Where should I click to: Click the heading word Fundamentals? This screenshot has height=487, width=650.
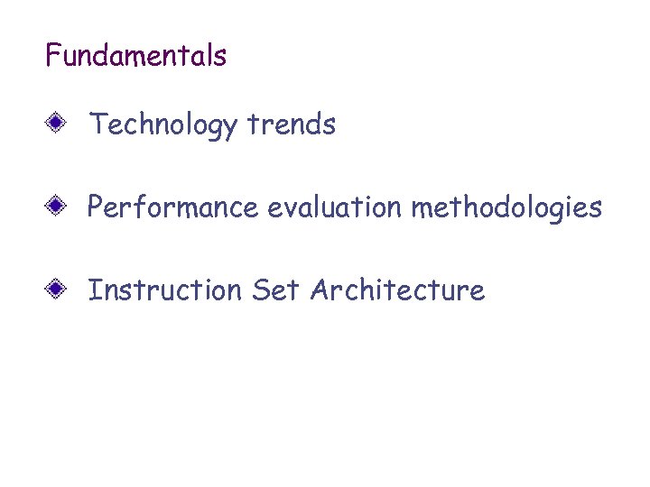pyautogui.click(x=135, y=56)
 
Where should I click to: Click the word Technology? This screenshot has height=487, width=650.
pyautogui.click(x=162, y=124)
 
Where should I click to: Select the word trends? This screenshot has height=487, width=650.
pyautogui.click(x=291, y=124)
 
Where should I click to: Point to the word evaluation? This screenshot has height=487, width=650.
pyautogui.click(x=335, y=207)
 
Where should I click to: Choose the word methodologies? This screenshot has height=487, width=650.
pyautogui.click(x=506, y=208)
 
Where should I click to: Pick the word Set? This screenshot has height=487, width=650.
pyautogui.click(x=276, y=290)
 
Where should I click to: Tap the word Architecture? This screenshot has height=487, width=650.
pyautogui.click(x=397, y=290)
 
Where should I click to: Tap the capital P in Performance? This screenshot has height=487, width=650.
pyautogui.click(x=96, y=207)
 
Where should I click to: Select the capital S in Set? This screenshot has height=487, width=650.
pyautogui.click(x=261, y=290)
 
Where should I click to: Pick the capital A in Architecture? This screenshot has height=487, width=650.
pyautogui.click(x=319, y=290)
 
